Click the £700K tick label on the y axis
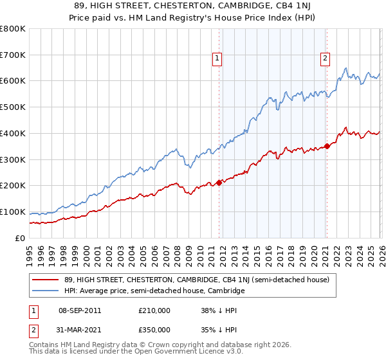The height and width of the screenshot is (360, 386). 13,55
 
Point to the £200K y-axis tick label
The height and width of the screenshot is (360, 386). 13,186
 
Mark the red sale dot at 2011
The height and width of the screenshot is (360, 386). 219,183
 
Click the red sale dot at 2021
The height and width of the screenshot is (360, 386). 327,146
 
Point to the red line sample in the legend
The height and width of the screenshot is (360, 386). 46,280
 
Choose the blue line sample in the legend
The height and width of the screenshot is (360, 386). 46,291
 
